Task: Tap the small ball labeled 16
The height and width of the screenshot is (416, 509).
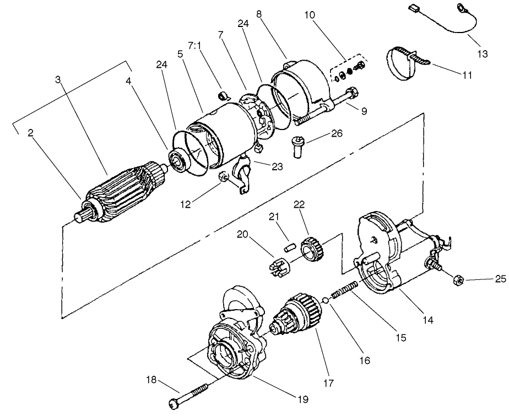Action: [326, 300]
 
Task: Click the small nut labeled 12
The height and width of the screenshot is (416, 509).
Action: [224, 177]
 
